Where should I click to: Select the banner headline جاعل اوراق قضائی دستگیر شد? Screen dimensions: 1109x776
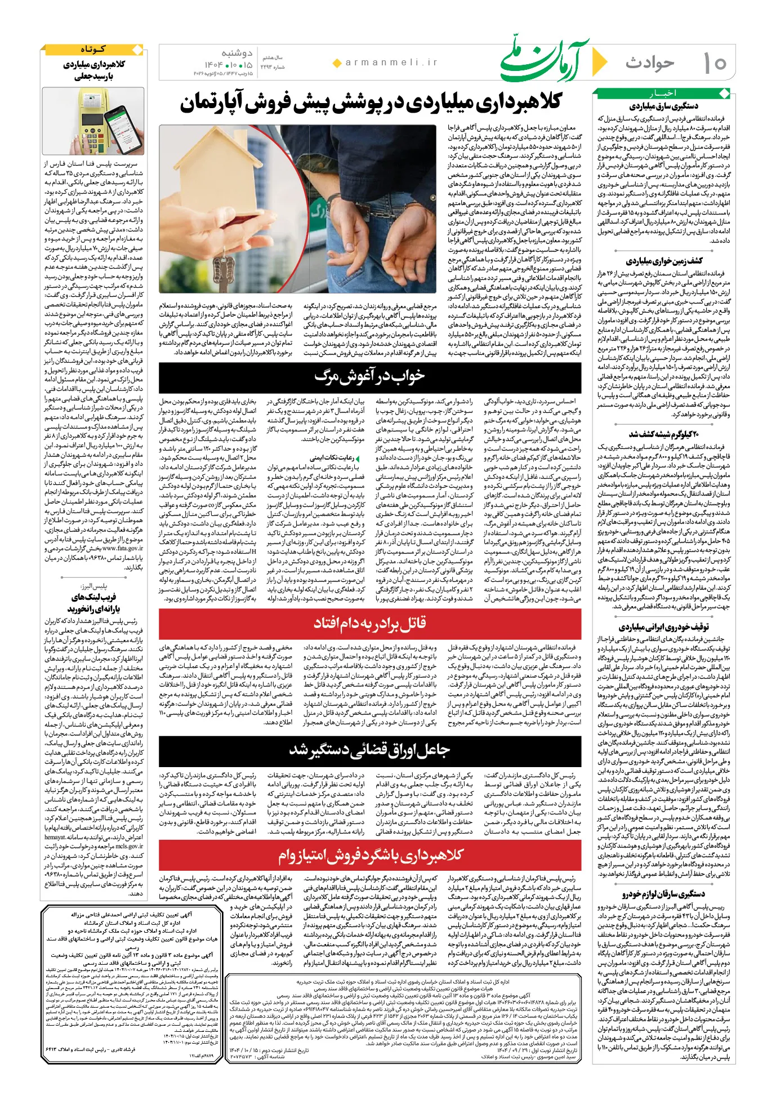[x=369, y=751]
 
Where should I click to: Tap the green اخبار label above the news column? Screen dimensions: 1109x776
[x=663, y=93]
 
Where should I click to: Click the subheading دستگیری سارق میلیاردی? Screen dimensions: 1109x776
[x=663, y=106]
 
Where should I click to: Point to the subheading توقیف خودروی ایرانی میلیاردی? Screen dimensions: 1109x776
[x=663, y=627]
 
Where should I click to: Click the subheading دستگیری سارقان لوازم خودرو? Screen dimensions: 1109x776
[x=663, y=894]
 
